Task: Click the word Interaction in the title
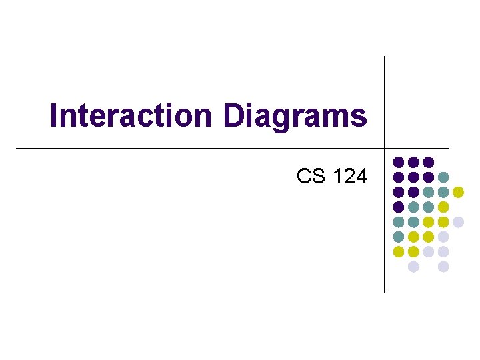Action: (x=130, y=115)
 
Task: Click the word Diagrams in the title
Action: (x=295, y=115)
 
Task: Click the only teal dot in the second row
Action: (x=443, y=177)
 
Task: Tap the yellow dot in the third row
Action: (x=458, y=192)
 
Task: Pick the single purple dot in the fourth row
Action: (x=398, y=207)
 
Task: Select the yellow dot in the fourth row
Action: (x=443, y=207)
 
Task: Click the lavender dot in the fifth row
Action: (x=458, y=222)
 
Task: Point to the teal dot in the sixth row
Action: (x=398, y=237)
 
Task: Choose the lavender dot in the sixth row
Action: (x=443, y=237)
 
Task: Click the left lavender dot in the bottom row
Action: (x=413, y=267)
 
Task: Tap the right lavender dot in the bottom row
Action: (x=443, y=267)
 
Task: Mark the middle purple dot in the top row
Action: (x=413, y=162)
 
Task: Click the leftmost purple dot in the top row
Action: (x=398, y=162)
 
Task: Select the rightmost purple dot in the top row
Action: (x=428, y=162)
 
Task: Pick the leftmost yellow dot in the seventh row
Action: (x=398, y=252)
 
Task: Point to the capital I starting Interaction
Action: (x=54, y=115)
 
